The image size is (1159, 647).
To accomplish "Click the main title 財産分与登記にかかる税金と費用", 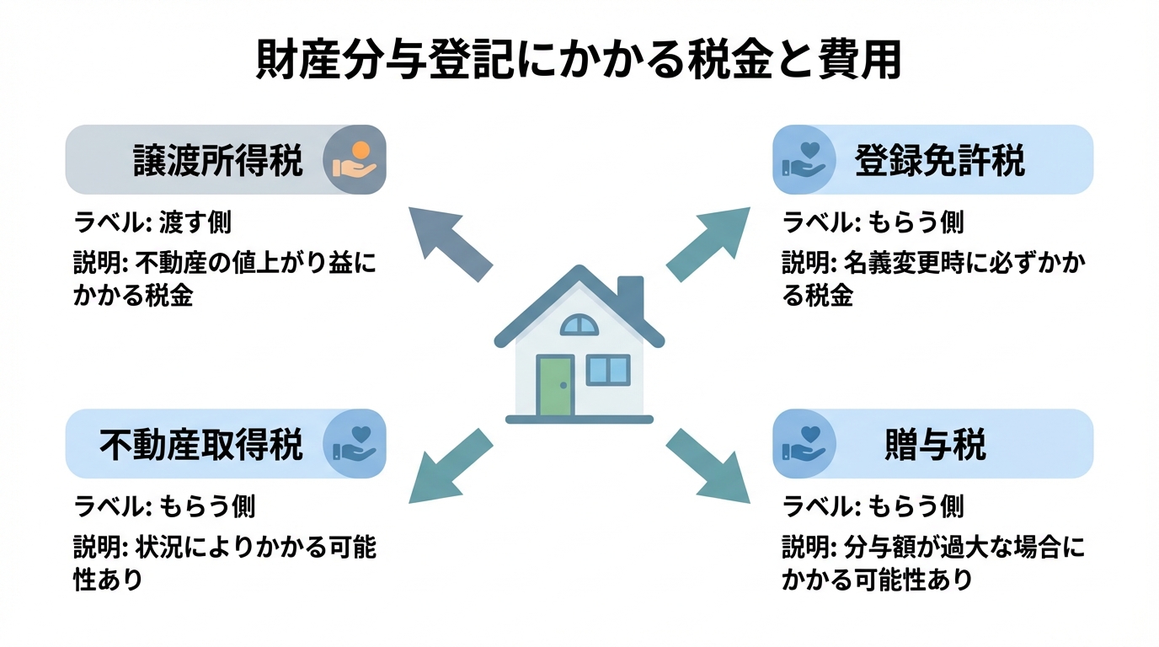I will tap(579, 61).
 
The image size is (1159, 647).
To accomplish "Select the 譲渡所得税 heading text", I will tap(218, 160).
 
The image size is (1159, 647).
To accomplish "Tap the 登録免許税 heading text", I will tap(940, 160).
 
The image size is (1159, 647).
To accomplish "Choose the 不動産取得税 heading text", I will tap(201, 444).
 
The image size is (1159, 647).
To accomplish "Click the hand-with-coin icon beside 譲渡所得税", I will tap(355, 160).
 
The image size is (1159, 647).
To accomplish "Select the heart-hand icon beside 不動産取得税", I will tap(355, 444).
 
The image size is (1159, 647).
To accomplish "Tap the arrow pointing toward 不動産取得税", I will tap(450, 466).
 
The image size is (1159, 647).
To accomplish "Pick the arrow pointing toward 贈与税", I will tap(708, 466).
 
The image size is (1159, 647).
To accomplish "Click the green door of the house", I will tap(555, 386).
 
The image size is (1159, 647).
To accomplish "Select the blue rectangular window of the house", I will tap(607, 370).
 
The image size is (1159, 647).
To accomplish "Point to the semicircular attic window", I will tap(579, 324).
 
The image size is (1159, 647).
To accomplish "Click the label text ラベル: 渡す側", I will tap(152, 222).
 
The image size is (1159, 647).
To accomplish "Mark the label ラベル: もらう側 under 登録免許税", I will tap(873, 222).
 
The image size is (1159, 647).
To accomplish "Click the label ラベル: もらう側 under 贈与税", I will tap(873, 506).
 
